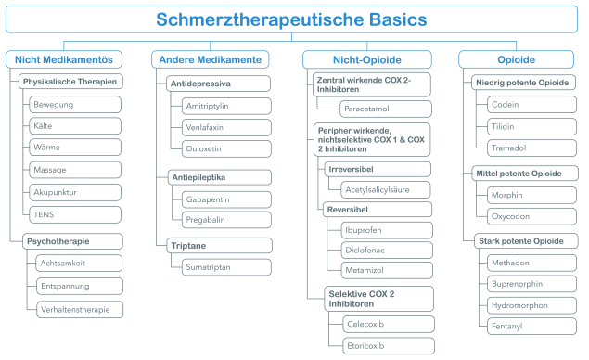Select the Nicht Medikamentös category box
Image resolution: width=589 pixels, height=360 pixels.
point(64,59)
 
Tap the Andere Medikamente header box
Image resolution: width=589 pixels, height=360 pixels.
point(206,59)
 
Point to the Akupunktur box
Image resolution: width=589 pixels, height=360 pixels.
point(74,192)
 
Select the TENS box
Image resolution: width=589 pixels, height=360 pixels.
point(74,214)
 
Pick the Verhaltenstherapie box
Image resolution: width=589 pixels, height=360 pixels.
point(74,308)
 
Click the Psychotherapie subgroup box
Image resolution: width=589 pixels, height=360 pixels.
point(70,240)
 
